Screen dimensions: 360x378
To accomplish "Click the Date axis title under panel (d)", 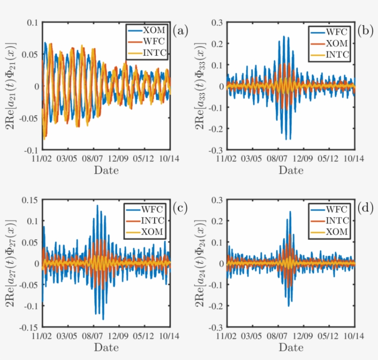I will pyautogui.click(x=291, y=346).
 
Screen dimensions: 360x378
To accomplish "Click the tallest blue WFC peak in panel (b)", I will pyautogui.click(x=284, y=37).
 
